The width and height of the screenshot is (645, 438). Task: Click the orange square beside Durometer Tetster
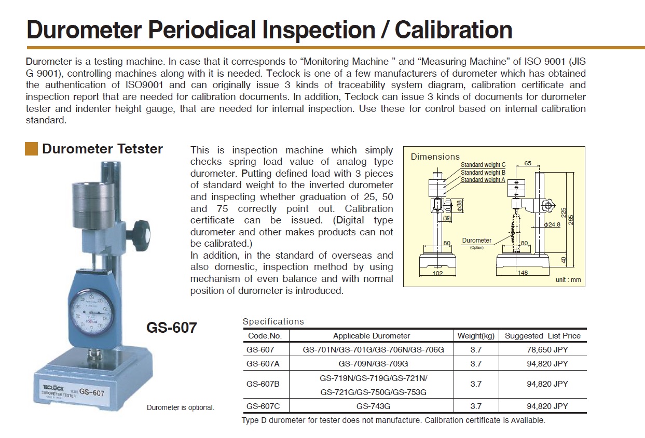pos(31,149)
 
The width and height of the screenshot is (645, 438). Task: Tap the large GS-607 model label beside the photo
pos(172,328)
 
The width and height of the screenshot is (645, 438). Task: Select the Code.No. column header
pos(265,336)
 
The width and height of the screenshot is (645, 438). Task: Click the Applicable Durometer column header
pos(372,336)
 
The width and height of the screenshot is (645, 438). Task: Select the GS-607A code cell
pos(263,364)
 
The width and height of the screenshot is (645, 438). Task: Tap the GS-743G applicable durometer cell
pos(373,406)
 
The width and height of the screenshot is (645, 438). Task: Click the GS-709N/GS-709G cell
pos(373,364)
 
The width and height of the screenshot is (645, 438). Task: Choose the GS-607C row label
pos(263,406)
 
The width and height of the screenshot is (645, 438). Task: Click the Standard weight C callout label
pos(483,165)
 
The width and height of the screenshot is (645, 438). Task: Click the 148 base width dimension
pos(523,273)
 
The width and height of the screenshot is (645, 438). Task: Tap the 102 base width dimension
pos(437,273)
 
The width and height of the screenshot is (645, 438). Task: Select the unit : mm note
pos(568,280)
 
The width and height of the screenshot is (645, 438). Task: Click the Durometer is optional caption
pos(181,407)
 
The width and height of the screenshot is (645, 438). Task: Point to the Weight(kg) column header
pos(476,336)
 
